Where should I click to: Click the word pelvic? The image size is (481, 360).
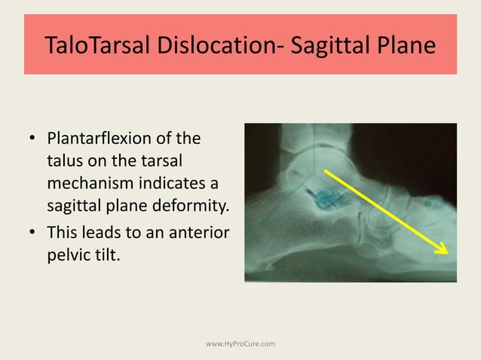click(67, 252)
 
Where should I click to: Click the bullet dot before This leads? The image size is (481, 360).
click(32, 231)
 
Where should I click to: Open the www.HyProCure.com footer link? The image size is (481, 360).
click(240, 344)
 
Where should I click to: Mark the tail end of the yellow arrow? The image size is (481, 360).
click(326, 172)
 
